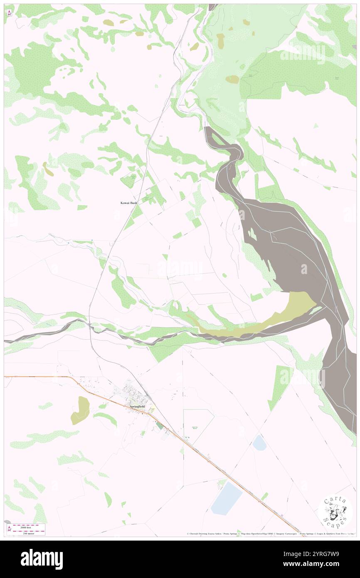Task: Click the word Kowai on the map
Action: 122,203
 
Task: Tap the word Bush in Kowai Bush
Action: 133,203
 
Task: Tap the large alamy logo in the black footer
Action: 42,559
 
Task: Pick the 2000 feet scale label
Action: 29,526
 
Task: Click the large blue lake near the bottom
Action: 227,498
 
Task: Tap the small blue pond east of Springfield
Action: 259,442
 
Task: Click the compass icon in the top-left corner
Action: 9,12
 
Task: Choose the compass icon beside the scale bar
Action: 9,529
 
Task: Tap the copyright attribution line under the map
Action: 270,534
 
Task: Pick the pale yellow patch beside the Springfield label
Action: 153,409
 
